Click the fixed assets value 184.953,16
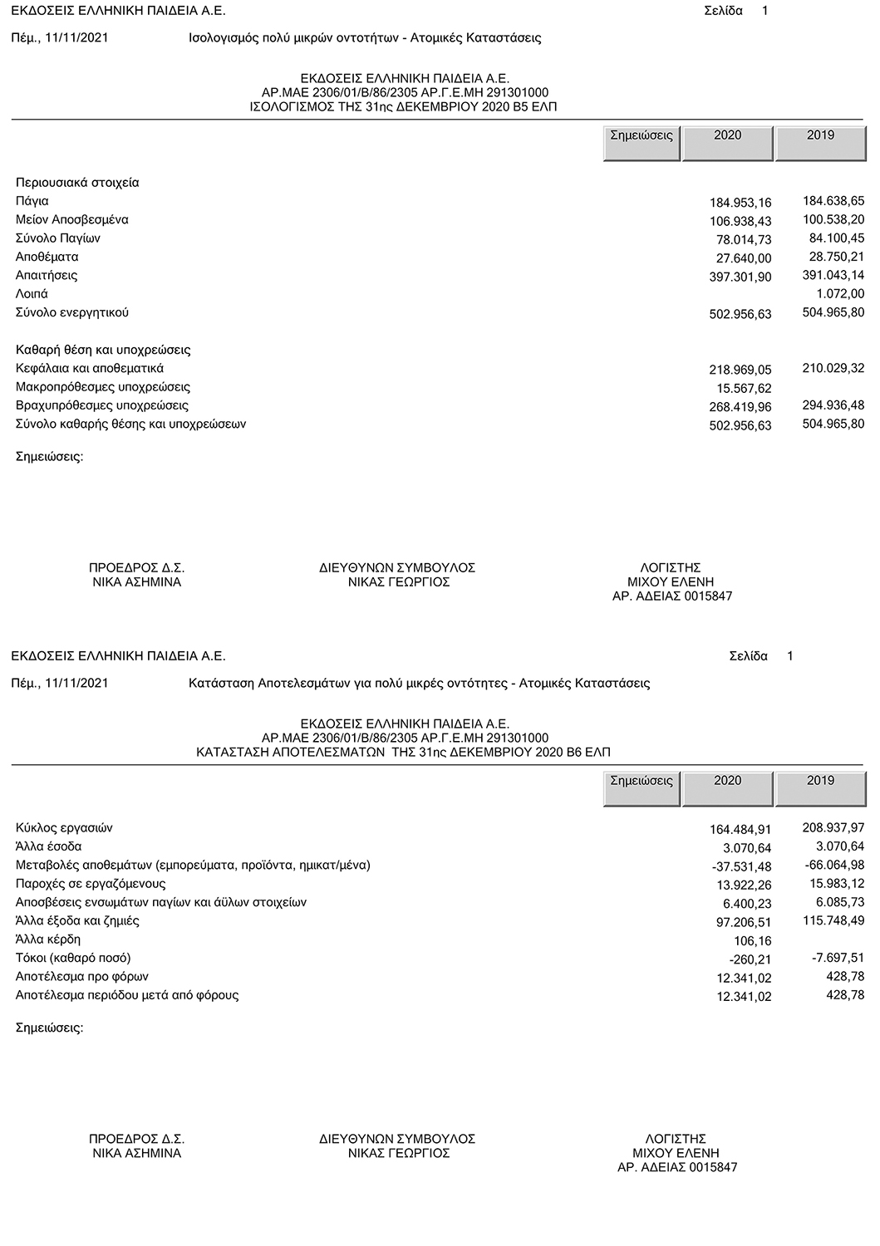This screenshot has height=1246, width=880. click(x=740, y=203)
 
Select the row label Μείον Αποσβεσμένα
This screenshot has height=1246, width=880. click(x=72, y=220)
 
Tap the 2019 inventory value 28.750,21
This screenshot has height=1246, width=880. click(x=833, y=257)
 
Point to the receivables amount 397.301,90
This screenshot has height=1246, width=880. click(x=740, y=277)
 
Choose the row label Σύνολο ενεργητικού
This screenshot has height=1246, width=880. click(x=72, y=313)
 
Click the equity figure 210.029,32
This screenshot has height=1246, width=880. click(x=833, y=368)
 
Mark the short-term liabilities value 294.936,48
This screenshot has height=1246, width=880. click(x=833, y=405)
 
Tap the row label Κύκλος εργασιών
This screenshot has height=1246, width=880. click(x=64, y=828)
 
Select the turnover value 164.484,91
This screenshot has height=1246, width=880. click(x=740, y=830)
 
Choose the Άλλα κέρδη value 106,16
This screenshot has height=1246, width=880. click(x=754, y=941)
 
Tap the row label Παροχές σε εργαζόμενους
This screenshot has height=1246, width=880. click(x=91, y=884)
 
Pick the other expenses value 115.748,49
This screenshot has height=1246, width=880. click(x=833, y=920)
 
